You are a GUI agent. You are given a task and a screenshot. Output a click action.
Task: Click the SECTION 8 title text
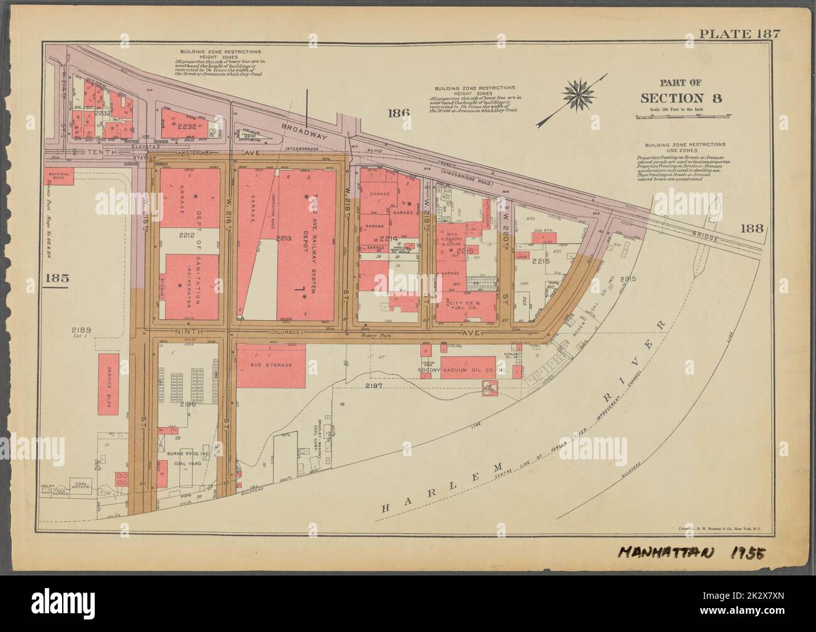[x=680, y=97]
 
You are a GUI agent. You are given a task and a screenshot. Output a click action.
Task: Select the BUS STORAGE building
[x=271, y=365]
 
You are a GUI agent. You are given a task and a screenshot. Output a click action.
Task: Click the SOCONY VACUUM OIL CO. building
[x=468, y=367]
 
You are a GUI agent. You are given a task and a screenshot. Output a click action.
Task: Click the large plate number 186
[x=399, y=113]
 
